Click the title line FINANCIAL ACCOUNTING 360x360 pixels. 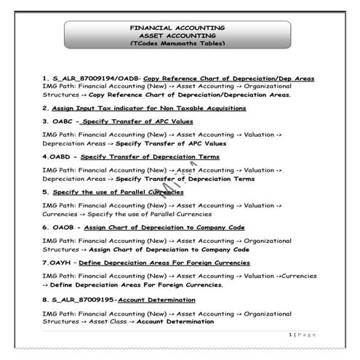tap(177, 28)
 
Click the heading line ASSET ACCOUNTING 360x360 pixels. tap(177, 36)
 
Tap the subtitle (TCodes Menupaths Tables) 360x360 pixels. tap(177, 44)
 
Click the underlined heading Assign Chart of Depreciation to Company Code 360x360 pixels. tap(164, 227)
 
